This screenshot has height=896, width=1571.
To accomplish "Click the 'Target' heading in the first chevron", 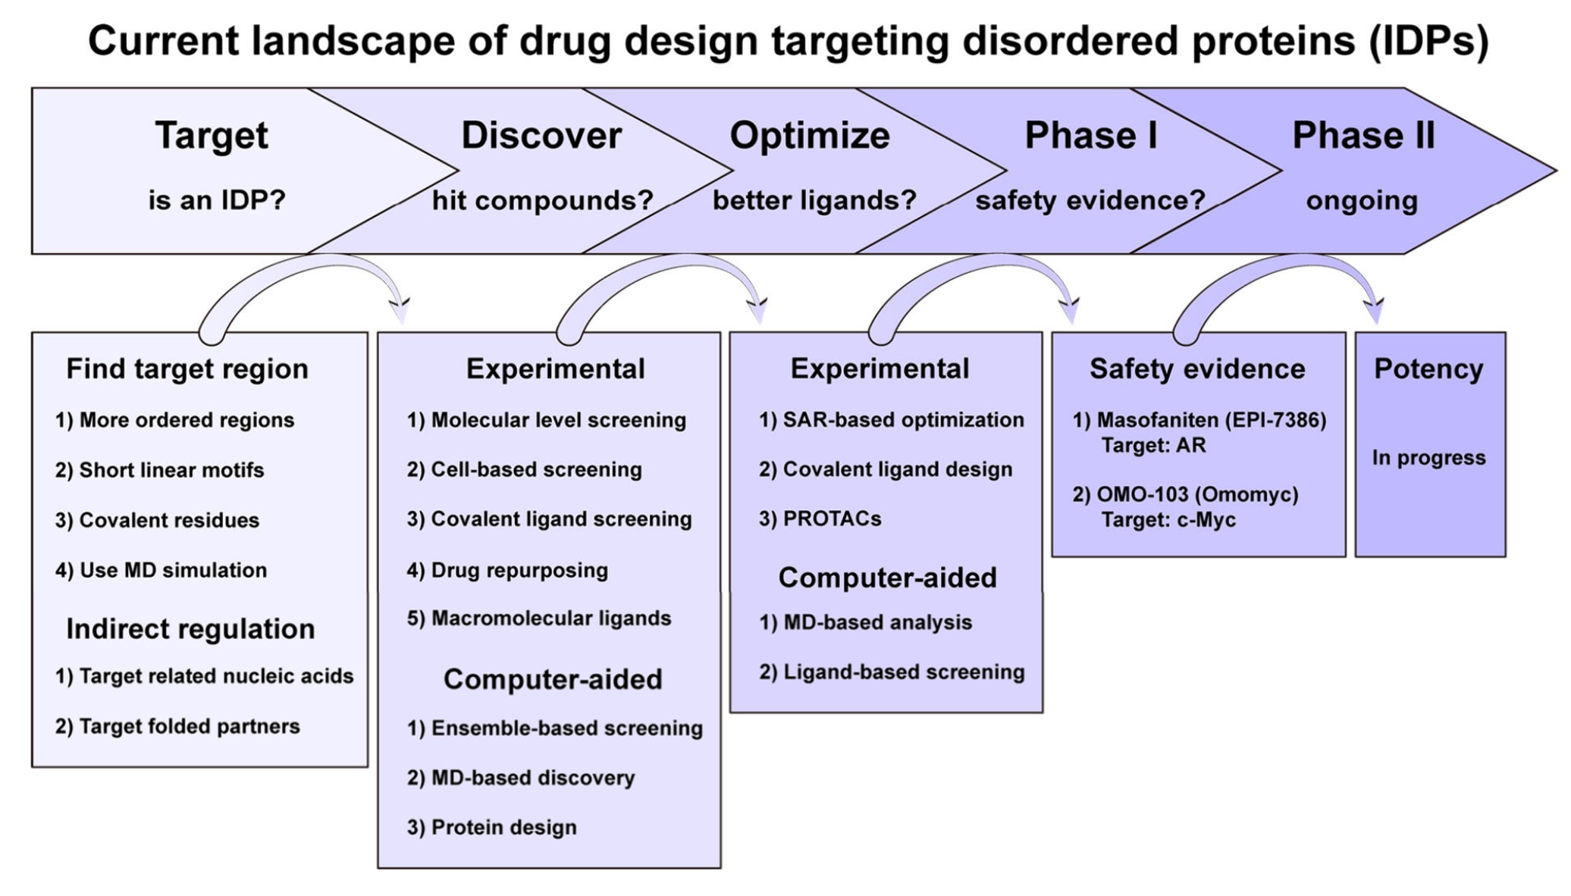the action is click(212, 136).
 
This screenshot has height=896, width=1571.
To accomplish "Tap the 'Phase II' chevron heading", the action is click(1363, 136).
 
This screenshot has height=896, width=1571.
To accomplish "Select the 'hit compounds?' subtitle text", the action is click(543, 201).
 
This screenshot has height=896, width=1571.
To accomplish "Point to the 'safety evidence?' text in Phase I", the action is click(1090, 201).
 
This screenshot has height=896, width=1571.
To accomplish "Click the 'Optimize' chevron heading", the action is click(810, 136).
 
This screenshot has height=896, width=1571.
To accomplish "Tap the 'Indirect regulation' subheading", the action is click(190, 629).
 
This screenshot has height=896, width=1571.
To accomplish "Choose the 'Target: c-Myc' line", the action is click(1168, 520).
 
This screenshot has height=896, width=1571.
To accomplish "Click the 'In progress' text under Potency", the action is click(1428, 458).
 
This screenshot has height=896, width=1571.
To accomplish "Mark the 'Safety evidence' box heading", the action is click(1197, 369).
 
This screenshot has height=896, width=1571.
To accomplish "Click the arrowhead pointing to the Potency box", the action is click(1373, 311).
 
